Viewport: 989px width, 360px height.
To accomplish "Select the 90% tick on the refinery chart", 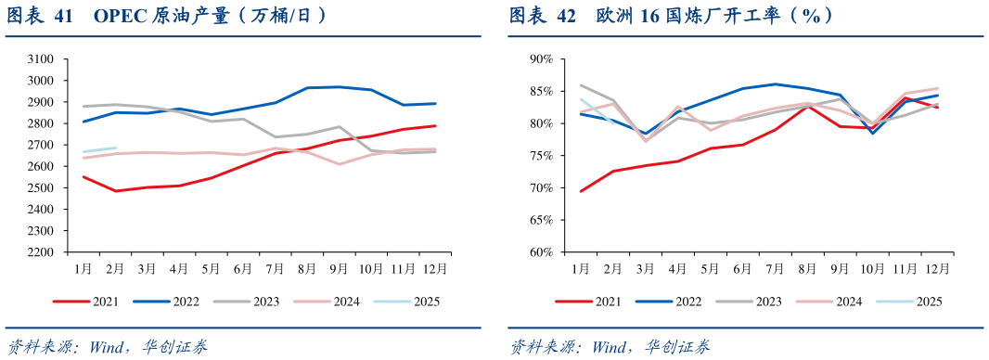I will (541, 58).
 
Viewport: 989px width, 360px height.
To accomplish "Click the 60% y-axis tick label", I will (541, 251).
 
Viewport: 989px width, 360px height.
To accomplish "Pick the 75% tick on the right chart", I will (541, 155).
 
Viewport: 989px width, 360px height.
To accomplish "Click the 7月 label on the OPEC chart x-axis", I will (275, 268).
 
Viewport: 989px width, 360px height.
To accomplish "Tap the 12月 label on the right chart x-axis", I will (937, 268).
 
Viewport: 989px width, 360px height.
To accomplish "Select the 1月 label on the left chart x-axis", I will (83, 268).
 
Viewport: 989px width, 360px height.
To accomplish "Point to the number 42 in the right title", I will (565, 15).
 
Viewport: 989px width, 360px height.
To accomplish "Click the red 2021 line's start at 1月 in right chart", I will (581, 191).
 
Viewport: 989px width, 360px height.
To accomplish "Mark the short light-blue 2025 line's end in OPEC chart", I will (116, 148).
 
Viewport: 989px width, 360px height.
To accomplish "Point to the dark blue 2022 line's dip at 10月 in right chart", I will (873, 133).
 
